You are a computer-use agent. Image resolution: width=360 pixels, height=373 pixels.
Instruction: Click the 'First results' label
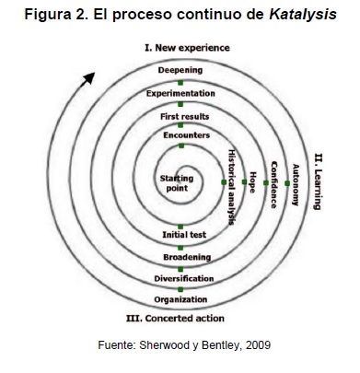[x=182, y=117]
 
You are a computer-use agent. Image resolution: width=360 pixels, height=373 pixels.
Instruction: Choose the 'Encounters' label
[x=182, y=137]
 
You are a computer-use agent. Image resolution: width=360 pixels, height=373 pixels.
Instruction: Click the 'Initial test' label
[x=182, y=235]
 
